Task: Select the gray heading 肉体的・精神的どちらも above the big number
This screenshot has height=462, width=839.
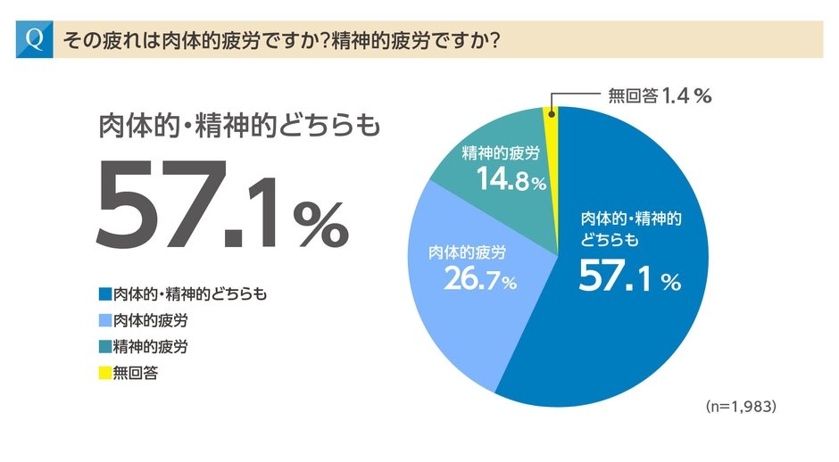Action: coord(238,126)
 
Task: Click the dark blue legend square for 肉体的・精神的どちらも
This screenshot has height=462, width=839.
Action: coord(104,293)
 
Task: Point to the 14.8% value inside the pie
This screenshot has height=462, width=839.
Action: coord(510,180)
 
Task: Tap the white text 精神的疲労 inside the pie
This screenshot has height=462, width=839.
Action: coord(501,153)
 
